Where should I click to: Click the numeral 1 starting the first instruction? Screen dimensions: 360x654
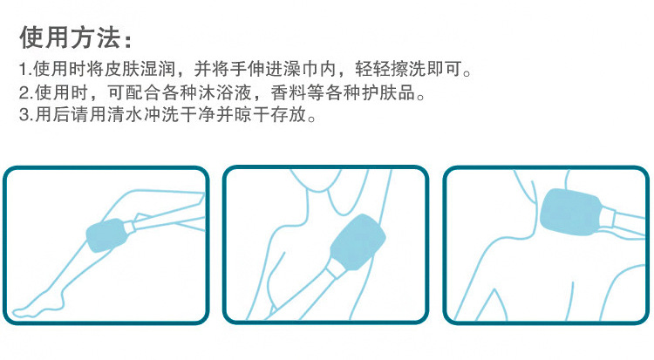[22, 69]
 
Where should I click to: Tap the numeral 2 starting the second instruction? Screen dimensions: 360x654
[22, 92]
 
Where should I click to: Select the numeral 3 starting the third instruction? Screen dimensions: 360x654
[22, 115]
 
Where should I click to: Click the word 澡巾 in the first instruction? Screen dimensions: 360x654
[310, 69]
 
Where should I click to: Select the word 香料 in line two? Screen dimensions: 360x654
[302, 92]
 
